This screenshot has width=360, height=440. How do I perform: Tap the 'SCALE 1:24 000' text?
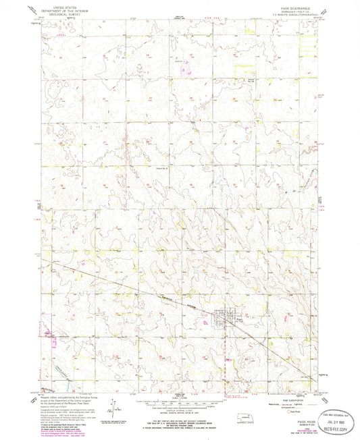coord(178,395)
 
